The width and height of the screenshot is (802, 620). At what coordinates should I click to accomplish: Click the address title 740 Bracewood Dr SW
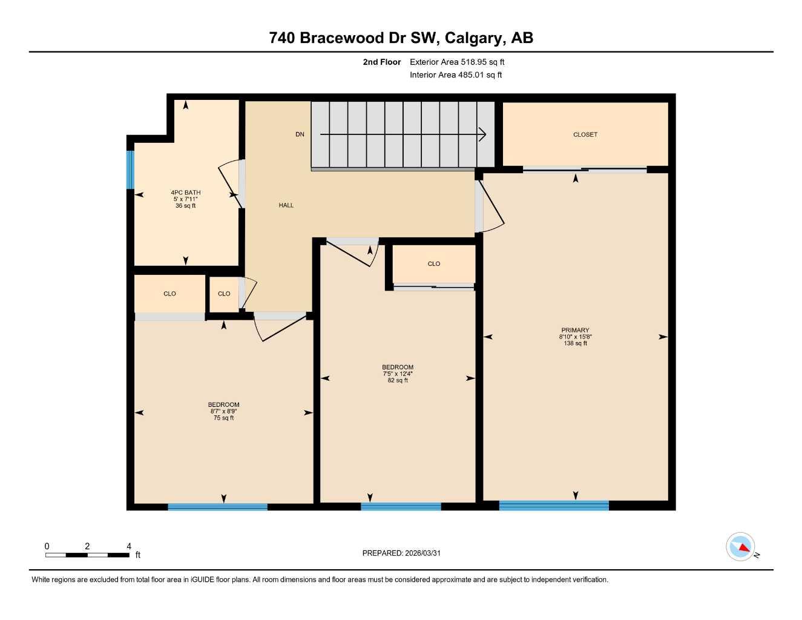[401, 38]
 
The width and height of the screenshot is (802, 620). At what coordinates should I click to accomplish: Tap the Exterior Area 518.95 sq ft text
[457, 62]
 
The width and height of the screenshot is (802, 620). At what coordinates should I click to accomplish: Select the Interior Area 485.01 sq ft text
[456, 75]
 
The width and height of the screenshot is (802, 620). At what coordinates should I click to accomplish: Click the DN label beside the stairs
[300, 134]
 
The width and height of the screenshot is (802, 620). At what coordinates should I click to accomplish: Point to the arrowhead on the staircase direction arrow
[482, 134]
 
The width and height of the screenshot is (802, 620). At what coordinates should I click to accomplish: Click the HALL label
[286, 205]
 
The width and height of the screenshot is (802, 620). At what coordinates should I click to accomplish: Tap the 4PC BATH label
[185, 193]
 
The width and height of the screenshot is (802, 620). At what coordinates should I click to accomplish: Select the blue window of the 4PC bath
[130, 170]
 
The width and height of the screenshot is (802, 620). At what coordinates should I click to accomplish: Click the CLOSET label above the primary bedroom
[585, 134]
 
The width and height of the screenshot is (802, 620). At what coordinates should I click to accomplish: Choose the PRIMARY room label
[575, 331]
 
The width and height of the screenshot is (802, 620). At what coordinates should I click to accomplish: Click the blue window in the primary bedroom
[554, 506]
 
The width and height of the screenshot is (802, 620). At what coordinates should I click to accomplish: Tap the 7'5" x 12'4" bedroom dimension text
[398, 374]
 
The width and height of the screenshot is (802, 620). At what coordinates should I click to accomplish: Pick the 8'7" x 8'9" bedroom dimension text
[223, 412]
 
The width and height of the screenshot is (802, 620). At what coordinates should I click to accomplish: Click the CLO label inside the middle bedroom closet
[433, 264]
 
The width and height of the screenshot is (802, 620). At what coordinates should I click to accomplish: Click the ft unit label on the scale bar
[138, 555]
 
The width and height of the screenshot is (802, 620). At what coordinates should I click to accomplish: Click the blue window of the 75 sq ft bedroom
[217, 507]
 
